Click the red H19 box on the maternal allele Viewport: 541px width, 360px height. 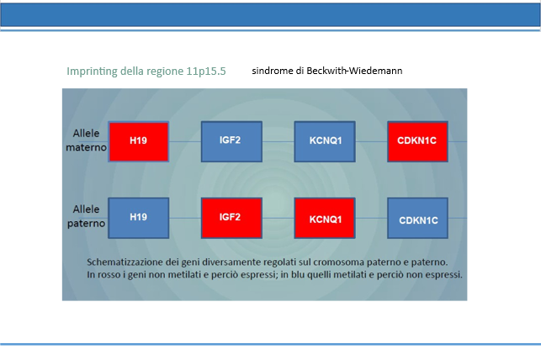click(139, 141)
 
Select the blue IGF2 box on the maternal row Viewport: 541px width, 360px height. click(231, 141)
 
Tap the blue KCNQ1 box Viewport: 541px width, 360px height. click(325, 141)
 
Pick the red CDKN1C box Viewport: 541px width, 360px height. click(417, 141)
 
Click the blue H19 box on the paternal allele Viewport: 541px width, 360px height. click(139, 218)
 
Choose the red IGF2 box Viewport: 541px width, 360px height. click(231, 218)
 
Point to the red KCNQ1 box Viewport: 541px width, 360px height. click(325, 218)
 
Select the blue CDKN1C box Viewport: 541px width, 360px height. click(417, 218)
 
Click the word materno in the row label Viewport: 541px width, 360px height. click(86, 147)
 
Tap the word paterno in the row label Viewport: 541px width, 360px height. click(86, 224)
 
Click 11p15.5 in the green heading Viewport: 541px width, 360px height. click(206, 71)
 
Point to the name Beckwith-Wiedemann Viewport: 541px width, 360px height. click(354, 71)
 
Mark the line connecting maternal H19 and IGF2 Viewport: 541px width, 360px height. click(185, 141)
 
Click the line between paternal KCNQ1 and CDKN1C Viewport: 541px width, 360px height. click(371, 218)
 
